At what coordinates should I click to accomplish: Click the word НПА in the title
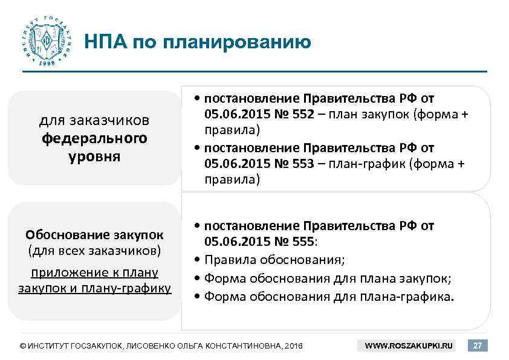[104, 42]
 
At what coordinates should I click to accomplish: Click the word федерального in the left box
[94, 138]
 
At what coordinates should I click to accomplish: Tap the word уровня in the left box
[94, 156]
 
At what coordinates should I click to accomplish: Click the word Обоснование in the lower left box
[63, 234]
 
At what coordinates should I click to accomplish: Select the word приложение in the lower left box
[57, 272]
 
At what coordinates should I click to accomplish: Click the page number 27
[478, 346]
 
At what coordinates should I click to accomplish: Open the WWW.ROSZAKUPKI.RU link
[409, 346]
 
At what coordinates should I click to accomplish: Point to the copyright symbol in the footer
[23, 346]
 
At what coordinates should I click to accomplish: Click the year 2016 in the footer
[293, 346]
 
